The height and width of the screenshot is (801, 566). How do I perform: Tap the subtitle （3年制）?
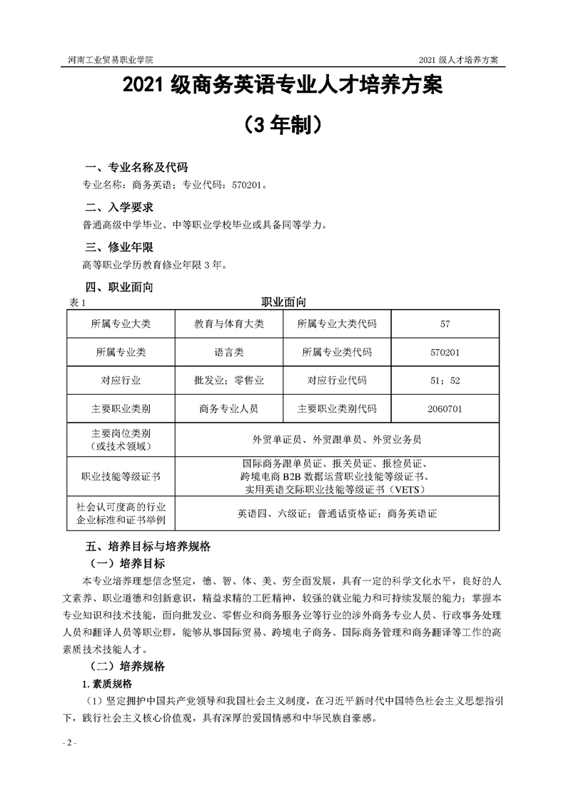point(283,125)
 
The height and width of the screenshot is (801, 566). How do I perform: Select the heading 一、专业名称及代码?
point(136,168)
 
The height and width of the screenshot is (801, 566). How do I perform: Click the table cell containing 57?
point(445,324)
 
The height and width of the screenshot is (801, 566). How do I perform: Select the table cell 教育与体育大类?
point(229,324)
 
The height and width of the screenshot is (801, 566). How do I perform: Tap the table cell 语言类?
point(229,352)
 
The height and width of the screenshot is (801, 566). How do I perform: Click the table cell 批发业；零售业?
point(229,381)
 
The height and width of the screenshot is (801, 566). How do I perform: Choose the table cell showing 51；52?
point(445,381)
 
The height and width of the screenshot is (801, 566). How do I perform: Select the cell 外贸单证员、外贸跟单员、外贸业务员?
point(336,439)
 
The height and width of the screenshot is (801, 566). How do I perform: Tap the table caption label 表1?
point(77,303)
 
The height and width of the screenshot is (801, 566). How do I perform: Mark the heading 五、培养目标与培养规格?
point(148,548)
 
